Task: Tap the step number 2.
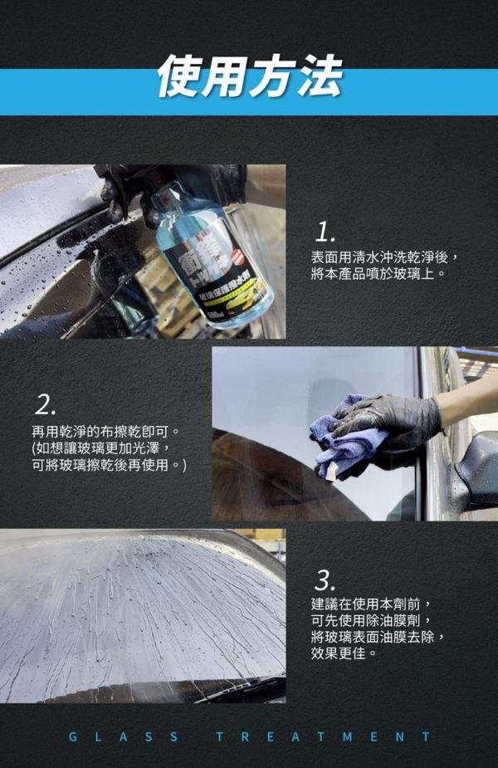[x=46, y=405]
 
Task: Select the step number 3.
[x=325, y=579]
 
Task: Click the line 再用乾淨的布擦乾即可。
[x=105, y=433]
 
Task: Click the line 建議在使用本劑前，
[x=370, y=604]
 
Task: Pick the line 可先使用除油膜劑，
[x=370, y=620]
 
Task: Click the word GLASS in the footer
[x=122, y=736]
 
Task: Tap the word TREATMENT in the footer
[x=323, y=736]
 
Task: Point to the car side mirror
[x=478, y=469]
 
